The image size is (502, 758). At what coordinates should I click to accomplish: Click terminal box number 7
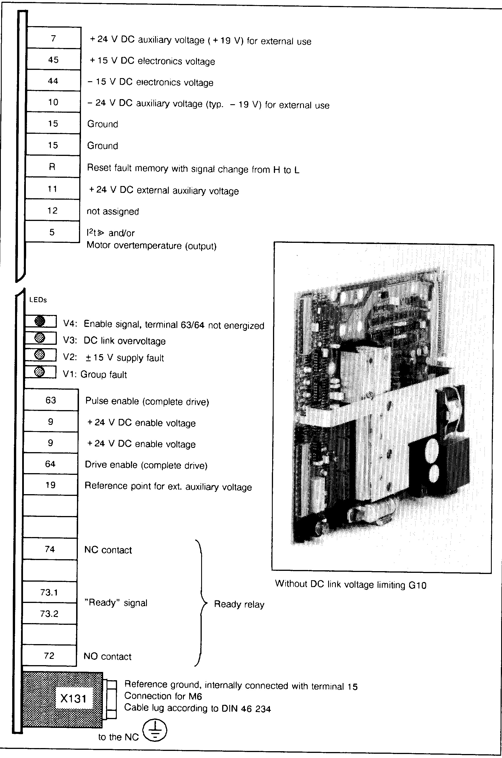pos(53,38)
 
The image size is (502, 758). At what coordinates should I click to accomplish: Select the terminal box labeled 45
pos(53,60)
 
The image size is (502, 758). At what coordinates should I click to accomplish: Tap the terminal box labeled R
pos(53,167)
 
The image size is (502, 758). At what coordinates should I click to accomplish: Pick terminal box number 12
pos(53,210)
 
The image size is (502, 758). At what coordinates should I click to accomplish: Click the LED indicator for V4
pos(40,321)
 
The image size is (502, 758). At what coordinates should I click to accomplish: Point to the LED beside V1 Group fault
pos(39,372)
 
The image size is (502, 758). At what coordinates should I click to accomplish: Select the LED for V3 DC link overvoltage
pos(39,338)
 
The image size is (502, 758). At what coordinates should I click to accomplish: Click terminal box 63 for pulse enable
pos(51,400)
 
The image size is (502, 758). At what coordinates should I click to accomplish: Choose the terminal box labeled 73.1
pos(49,592)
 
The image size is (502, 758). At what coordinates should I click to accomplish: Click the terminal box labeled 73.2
pos(49,613)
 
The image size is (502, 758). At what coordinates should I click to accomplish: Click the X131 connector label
pos(73,698)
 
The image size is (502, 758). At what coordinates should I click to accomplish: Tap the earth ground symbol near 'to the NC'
pos(155,730)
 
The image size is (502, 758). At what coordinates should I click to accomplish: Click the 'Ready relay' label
pos(239,604)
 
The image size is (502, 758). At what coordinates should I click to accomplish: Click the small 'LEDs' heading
pos(38,300)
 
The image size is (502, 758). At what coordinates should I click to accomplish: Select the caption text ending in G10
pos(351,584)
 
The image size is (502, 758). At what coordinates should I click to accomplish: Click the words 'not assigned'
pos(113,212)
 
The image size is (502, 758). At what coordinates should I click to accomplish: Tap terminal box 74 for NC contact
pos(50,549)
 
